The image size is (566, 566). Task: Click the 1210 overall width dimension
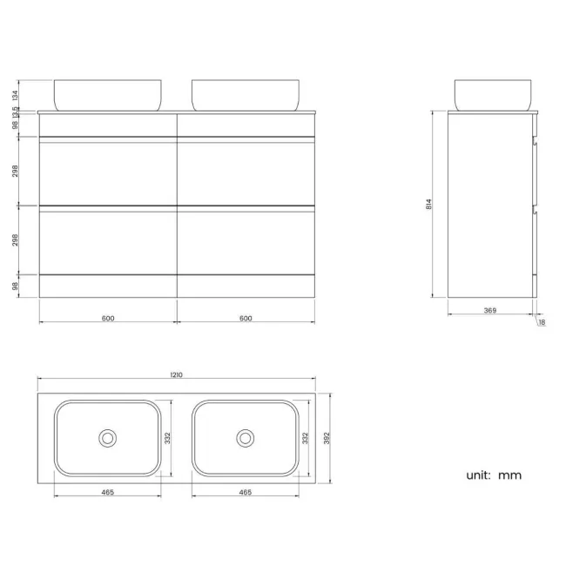click(x=176, y=375)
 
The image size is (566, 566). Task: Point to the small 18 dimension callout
click(x=542, y=322)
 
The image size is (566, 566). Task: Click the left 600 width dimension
click(x=108, y=318)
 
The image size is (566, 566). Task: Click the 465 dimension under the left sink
click(x=107, y=492)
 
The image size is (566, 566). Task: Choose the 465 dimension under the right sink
click(x=245, y=492)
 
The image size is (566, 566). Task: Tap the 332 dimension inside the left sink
click(x=168, y=438)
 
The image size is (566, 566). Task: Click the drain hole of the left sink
click(x=108, y=438)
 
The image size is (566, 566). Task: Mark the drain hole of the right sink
click(x=246, y=438)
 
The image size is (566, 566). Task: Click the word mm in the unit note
click(x=510, y=475)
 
